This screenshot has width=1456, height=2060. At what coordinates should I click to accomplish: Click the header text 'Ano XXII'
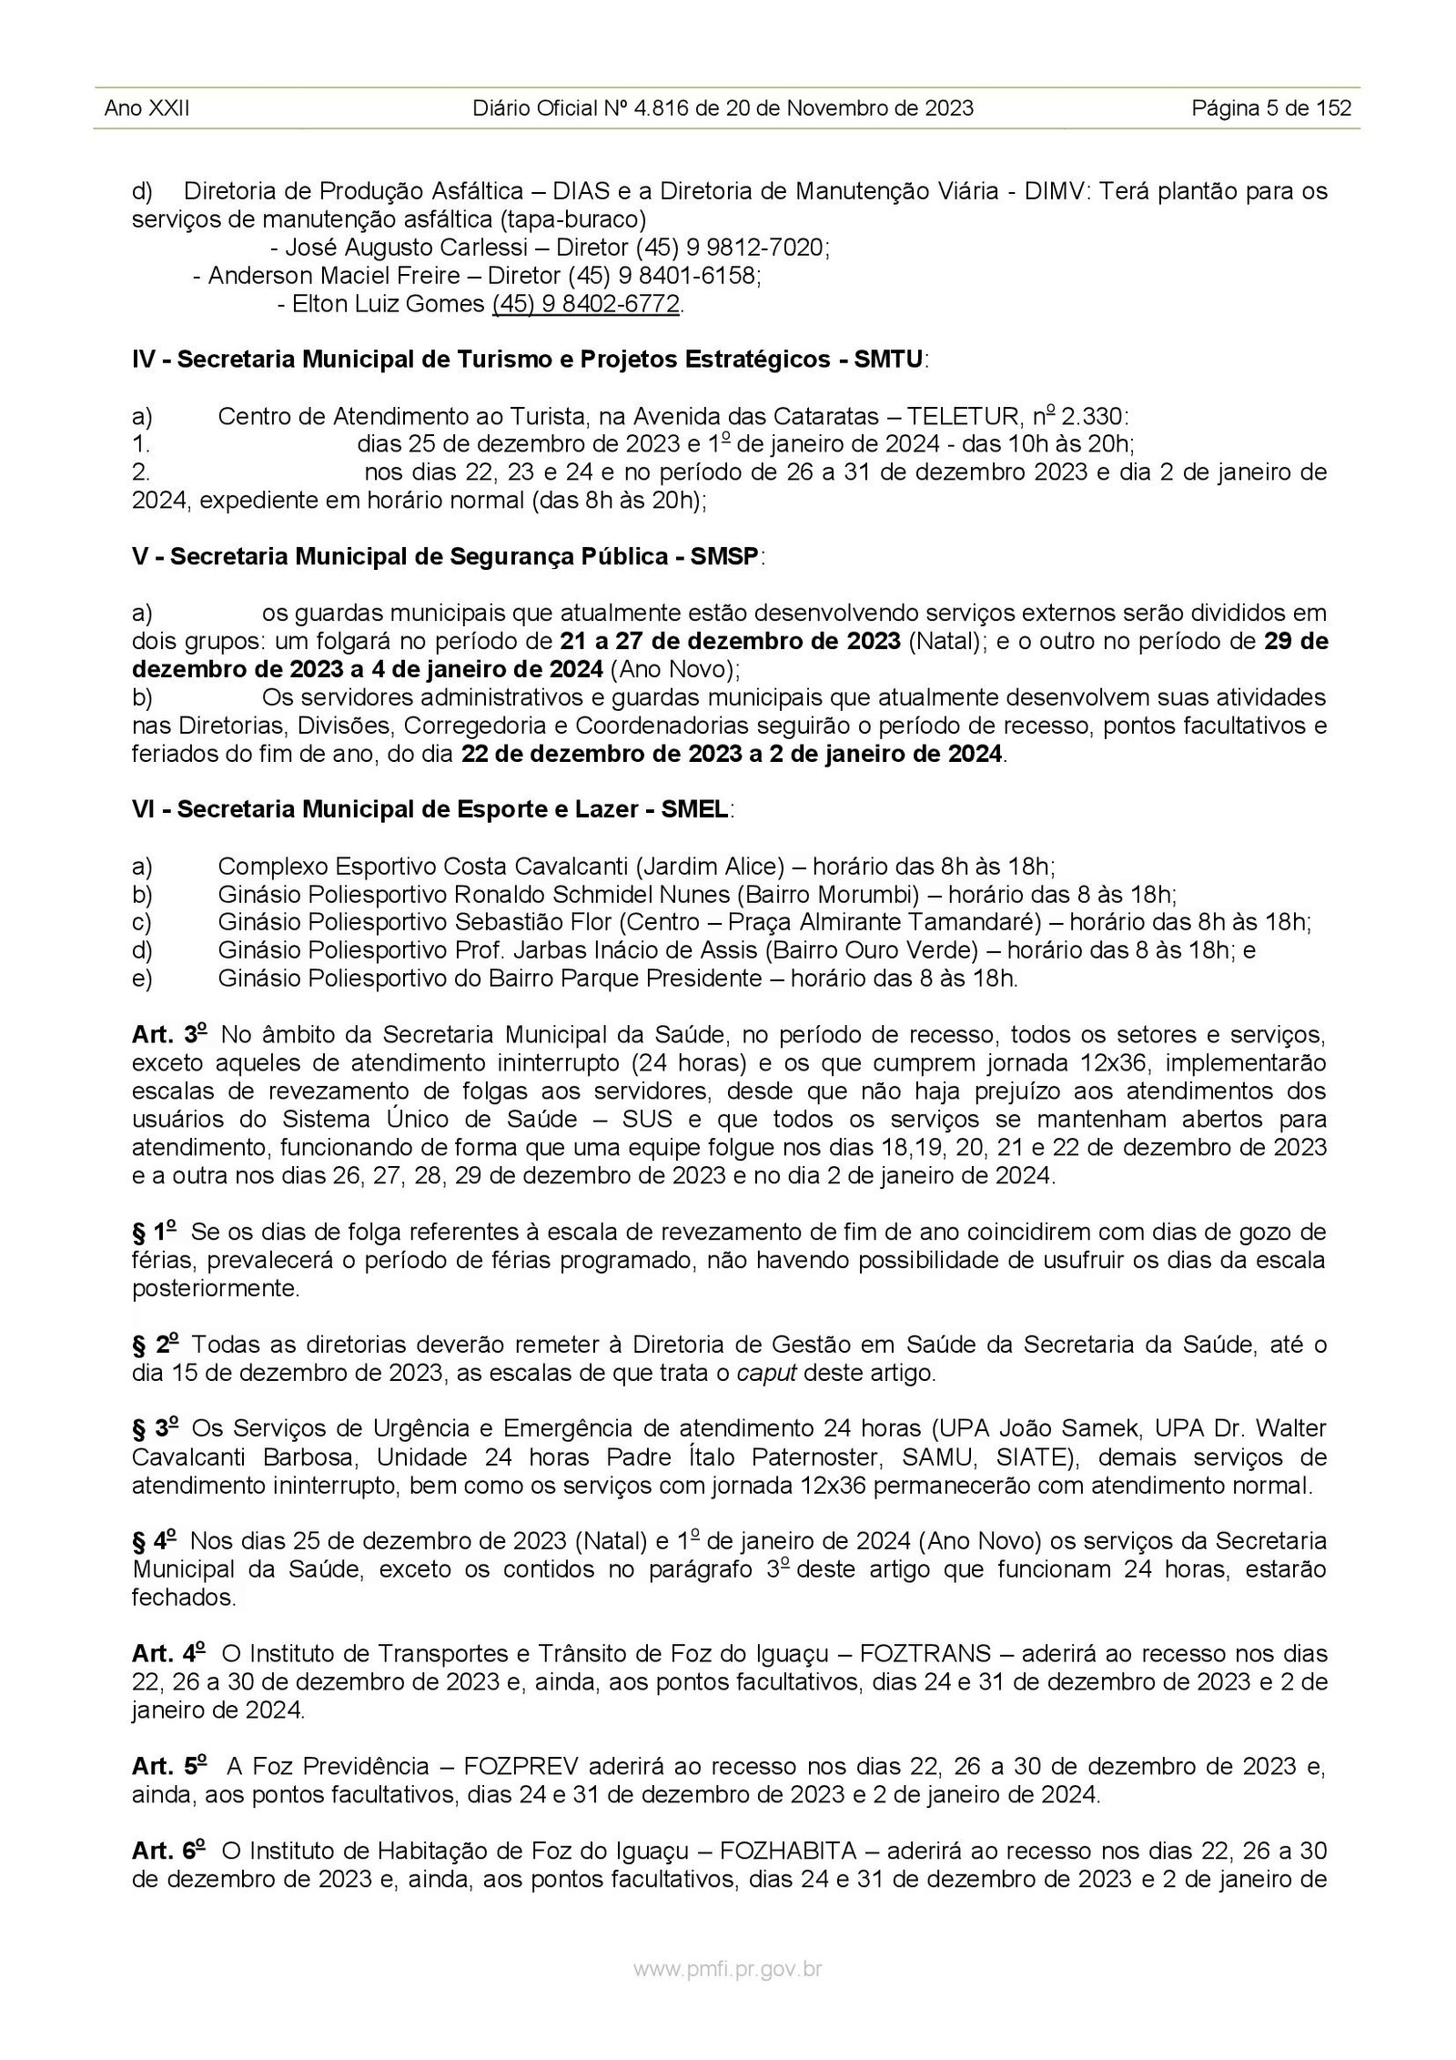[147, 109]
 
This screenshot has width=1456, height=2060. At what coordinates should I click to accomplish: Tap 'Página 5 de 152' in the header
[1271, 109]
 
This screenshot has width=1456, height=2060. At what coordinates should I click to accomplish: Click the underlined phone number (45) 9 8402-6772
[586, 304]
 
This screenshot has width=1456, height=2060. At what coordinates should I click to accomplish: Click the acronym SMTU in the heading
[889, 360]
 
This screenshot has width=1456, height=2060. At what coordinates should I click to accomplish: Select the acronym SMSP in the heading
[724, 556]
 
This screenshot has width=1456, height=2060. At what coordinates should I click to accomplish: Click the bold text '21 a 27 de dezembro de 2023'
[731, 641]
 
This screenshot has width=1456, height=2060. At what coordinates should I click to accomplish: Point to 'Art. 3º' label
[170, 1034]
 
